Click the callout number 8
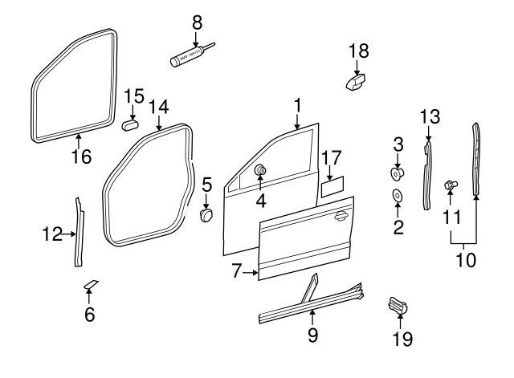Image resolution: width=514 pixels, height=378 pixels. coord(196,22)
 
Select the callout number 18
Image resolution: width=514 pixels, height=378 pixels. coord(359,51)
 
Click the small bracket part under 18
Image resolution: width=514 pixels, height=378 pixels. coord(354,81)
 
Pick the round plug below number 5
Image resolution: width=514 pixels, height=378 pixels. coord(207,215)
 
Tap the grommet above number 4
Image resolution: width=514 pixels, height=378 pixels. coord(261,170)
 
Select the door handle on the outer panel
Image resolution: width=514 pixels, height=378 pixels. coord(341,214)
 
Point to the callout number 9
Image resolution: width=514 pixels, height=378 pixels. coord(312,334)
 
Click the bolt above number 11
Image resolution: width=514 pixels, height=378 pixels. coord(451,186)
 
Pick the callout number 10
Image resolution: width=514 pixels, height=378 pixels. coord(464,260)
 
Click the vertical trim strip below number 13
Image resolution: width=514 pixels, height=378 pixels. coord(427,173)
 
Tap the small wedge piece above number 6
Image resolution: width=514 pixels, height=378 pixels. coord(90,283)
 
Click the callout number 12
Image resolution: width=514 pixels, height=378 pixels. coord(52,234)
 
